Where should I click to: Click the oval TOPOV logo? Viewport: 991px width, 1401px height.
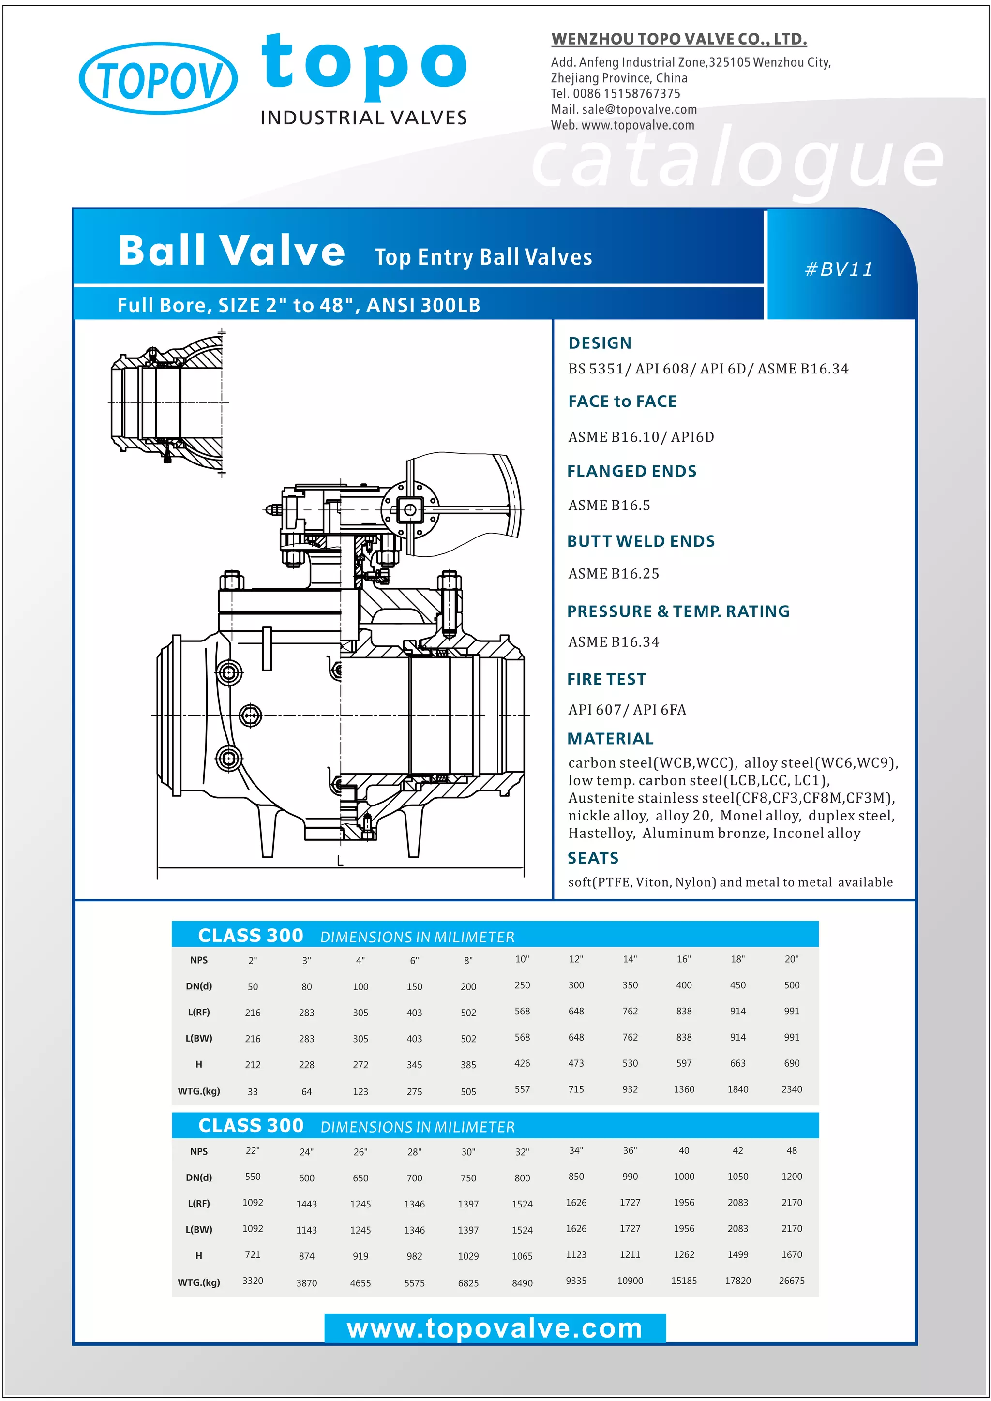click(158, 79)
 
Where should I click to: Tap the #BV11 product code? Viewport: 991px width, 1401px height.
click(839, 269)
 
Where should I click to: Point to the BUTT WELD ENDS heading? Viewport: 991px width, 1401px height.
click(641, 541)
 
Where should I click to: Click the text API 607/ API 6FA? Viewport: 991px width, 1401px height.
click(627, 710)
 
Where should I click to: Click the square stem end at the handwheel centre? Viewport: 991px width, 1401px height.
click(410, 509)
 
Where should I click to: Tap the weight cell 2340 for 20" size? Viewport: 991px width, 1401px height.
click(792, 1089)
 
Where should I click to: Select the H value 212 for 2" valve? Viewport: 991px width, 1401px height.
click(253, 1065)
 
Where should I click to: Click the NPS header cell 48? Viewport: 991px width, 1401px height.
click(792, 1150)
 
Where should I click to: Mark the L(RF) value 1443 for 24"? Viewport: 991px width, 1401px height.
click(306, 1204)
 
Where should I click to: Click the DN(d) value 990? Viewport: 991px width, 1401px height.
click(630, 1177)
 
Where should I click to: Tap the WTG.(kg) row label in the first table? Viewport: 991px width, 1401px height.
click(199, 1091)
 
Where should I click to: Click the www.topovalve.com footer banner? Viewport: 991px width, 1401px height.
click(495, 1328)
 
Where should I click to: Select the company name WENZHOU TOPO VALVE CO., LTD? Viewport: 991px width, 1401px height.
click(678, 39)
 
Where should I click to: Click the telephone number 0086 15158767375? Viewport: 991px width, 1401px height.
click(626, 94)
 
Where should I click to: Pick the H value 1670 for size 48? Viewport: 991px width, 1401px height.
click(792, 1254)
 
